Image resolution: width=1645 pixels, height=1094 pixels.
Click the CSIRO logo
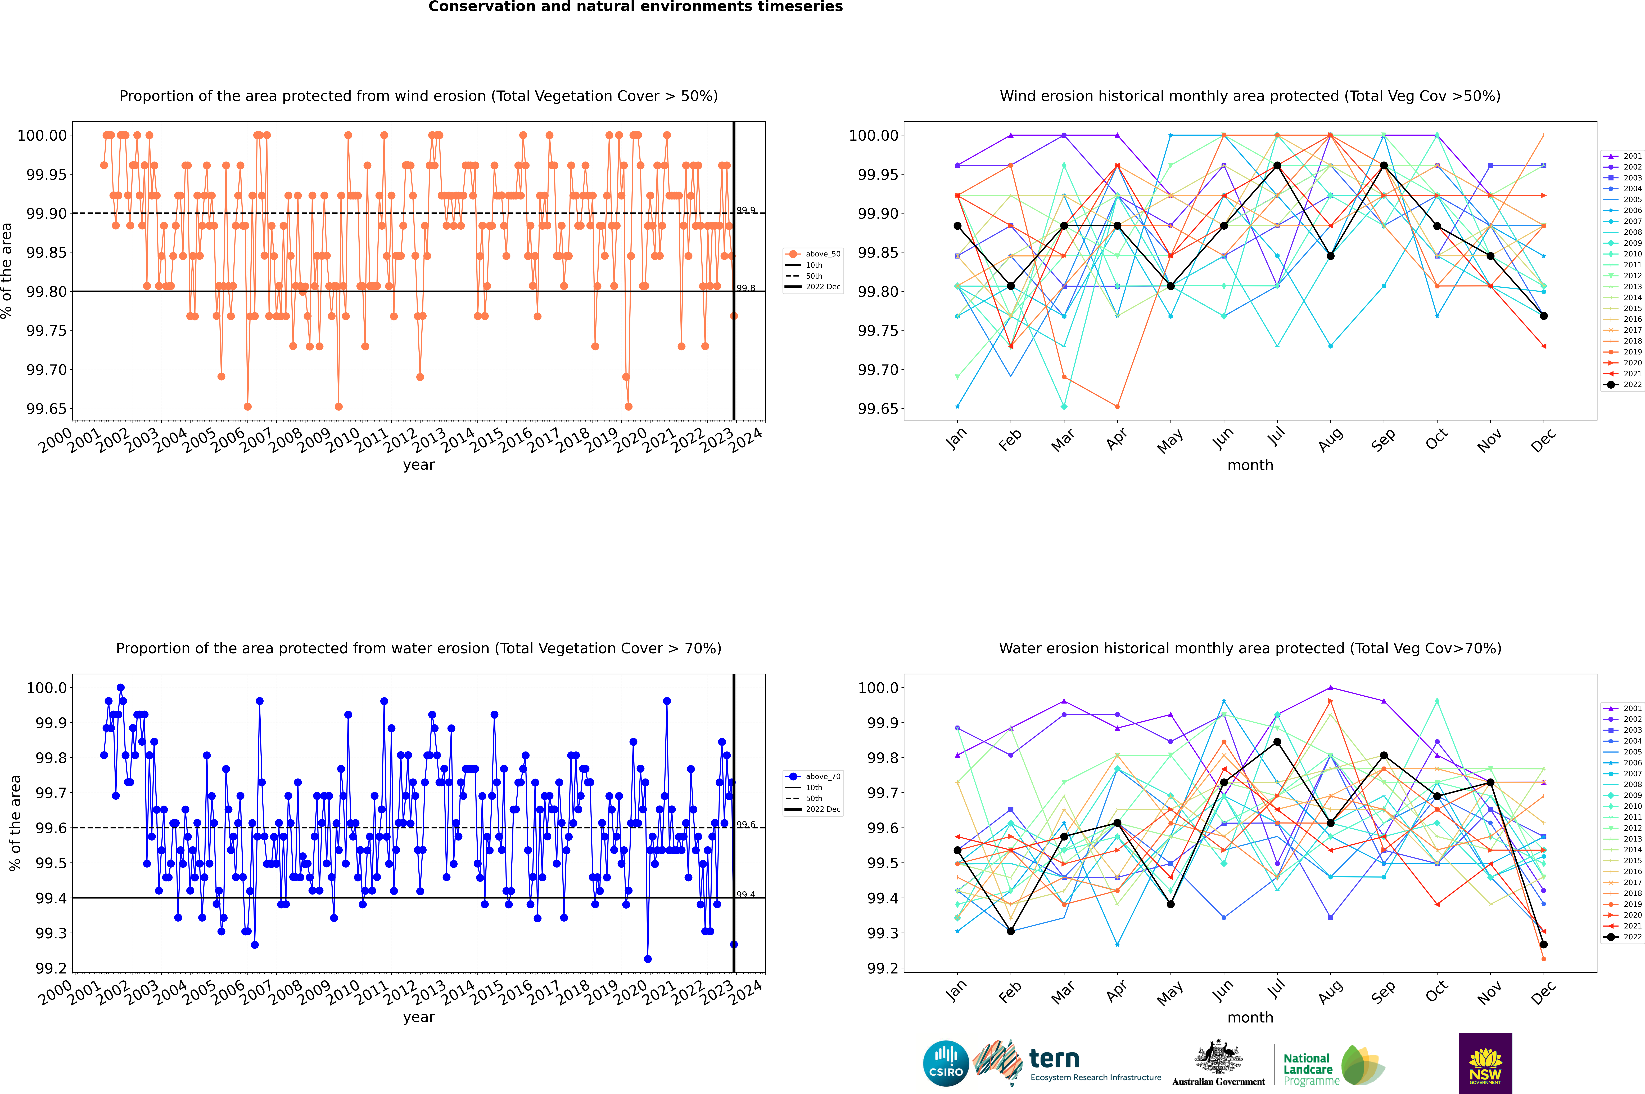coord(946,1063)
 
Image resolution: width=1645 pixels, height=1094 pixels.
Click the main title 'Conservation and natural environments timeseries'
coord(635,7)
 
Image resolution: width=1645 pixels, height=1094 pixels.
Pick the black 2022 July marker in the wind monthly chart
coord(1277,165)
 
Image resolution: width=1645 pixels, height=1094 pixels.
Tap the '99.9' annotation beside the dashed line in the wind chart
coord(745,210)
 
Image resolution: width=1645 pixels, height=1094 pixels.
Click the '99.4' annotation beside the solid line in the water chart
coord(745,895)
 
